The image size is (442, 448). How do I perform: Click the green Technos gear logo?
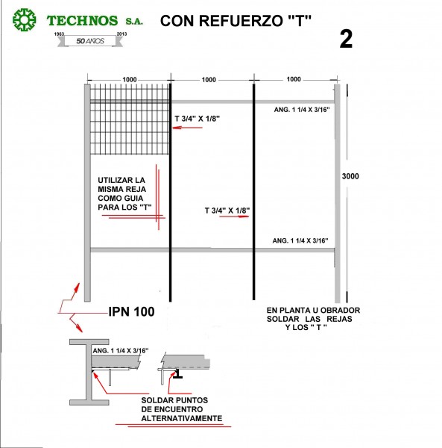coord(25,19)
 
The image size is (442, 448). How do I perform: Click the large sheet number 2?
coord(346,39)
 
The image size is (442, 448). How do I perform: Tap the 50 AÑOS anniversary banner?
coord(90,41)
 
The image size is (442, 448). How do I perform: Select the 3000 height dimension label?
coord(350,176)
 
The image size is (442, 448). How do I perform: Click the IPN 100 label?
coord(131,311)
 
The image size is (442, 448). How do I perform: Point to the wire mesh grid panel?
coord(130,119)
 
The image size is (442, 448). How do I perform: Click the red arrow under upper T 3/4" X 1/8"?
coord(187,128)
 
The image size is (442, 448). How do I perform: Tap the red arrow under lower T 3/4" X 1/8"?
coord(234,217)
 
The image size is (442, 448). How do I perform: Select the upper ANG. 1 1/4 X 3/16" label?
coord(302,110)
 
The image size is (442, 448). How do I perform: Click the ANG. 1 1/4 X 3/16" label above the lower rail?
coord(300,241)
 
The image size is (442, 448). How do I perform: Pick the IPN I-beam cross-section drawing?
coord(89,372)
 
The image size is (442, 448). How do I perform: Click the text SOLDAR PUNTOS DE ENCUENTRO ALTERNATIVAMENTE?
coord(182,409)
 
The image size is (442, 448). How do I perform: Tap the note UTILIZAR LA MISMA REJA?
coord(124,193)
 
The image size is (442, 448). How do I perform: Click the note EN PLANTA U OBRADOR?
coord(313,319)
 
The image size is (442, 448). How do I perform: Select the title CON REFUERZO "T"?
coord(236,21)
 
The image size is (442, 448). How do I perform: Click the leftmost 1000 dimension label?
coord(130,79)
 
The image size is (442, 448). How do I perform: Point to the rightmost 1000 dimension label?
coord(294,79)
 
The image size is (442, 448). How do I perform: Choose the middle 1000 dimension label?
coord(209,80)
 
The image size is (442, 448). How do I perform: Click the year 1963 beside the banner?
coord(59,34)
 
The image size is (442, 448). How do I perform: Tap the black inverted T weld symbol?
coord(177,374)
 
